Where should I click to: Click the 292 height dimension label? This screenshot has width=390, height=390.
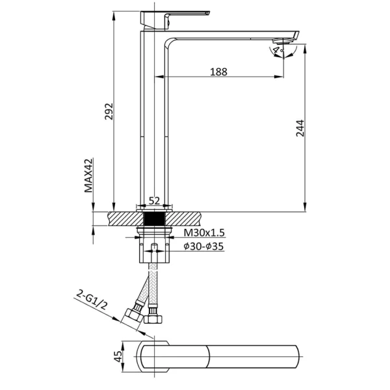(x=109, y=111)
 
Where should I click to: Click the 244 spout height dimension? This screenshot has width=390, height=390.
(x=300, y=128)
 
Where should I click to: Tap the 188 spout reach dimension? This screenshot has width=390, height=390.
(x=218, y=72)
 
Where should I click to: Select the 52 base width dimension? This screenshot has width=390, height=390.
(x=154, y=200)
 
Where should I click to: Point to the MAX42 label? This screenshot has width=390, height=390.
(x=88, y=175)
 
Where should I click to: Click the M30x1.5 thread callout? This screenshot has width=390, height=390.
(x=204, y=233)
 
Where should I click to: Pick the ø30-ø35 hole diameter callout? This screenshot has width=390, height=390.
(x=203, y=246)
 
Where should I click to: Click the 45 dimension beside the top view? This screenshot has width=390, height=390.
(x=118, y=356)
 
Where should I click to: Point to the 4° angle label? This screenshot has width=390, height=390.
(x=278, y=50)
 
